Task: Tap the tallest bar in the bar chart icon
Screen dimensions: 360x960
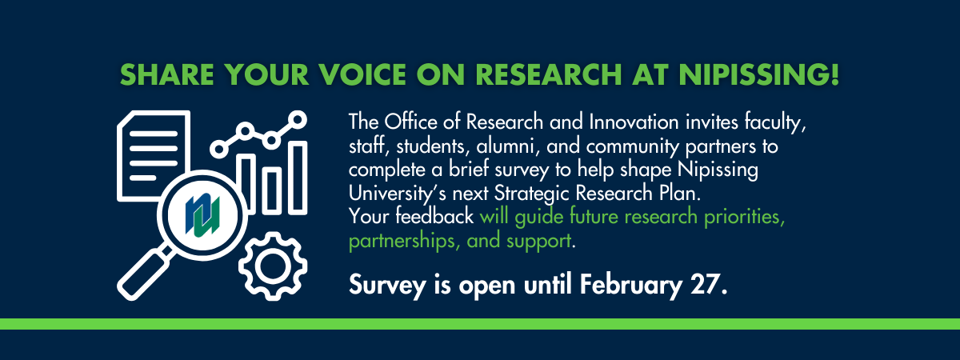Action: pyautogui.click(x=298, y=178)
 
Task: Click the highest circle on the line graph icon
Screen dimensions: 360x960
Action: pyautogui.click(x=298, y=121)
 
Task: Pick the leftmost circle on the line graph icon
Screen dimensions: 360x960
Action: pyautogui.click(x=217, y=148)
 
